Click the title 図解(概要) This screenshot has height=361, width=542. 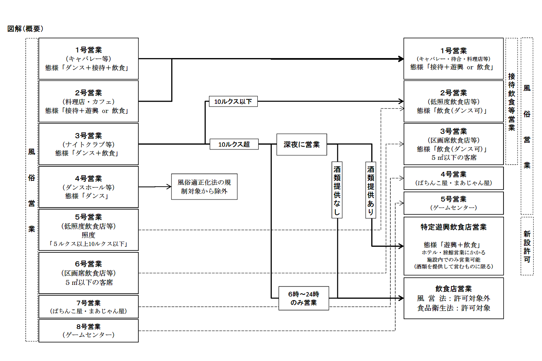25,29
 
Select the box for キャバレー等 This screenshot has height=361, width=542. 89,59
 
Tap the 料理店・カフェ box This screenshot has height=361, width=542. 89,101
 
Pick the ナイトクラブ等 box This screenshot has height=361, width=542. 89,144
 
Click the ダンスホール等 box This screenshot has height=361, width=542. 89,187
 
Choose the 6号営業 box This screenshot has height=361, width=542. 89,273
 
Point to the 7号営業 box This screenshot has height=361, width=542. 89,307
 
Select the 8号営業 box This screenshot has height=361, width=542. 89,331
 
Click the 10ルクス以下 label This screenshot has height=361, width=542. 233,102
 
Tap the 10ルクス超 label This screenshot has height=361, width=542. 234,144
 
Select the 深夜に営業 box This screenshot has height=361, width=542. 301,145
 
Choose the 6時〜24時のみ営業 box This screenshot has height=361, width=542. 303,298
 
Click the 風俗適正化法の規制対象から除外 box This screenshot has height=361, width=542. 204,187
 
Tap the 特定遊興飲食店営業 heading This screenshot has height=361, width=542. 453,227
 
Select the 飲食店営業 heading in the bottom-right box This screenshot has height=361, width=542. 453,288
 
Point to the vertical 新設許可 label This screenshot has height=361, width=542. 527,246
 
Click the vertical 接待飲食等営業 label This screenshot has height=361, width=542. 512,102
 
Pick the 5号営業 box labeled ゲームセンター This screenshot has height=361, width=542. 453,203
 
